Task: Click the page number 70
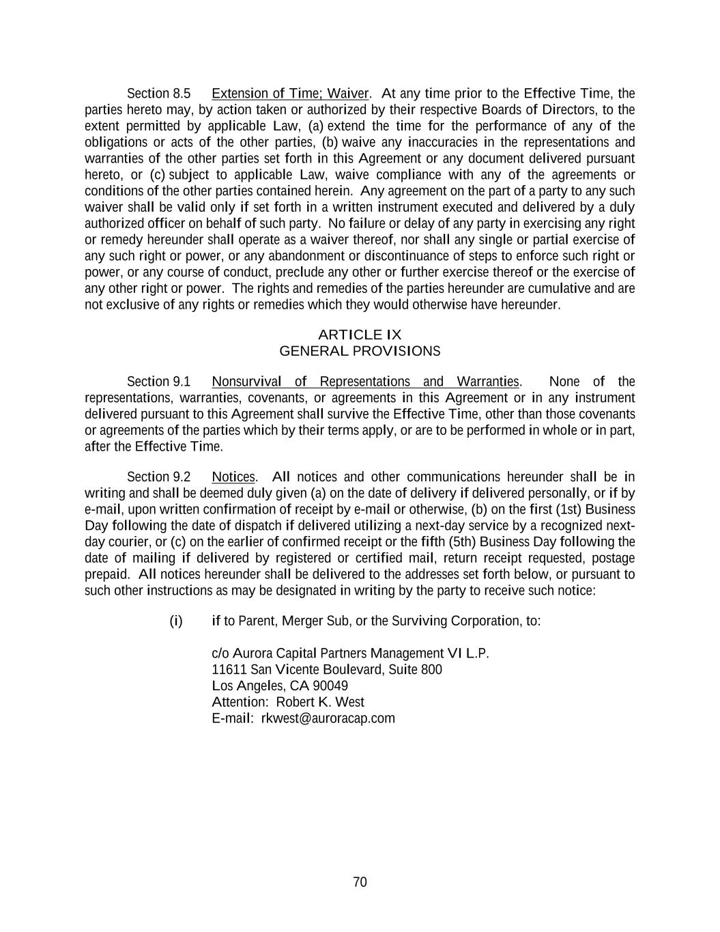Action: pyautogui.click(x=360, y=882)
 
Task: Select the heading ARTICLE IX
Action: pyautogui.click(x=360, y=335)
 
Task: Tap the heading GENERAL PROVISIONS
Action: pyautogui.click(x=360, y=351)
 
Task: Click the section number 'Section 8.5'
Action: pyautogui.click(x=158, y=94)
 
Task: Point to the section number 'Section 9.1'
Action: pyautogui.click(x=158, y=382)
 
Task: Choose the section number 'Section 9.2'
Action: pyautogui.click(x=158, y=477)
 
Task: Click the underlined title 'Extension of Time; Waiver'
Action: pyautogui.click(x=290, y=94)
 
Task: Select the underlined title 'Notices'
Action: pyautogui.click(x=233, y=477)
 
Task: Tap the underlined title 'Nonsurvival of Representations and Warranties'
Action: pyautogui.click(x=365, y=382)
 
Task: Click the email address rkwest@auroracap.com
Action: pyautogui.click(x=328, y=718)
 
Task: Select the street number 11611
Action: pyautogui.click(x=229, y=669)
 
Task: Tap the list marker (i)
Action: pyautogui.click(x=176, y=621)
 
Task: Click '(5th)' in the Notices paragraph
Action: pyautogui.click(x=465, y=542)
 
